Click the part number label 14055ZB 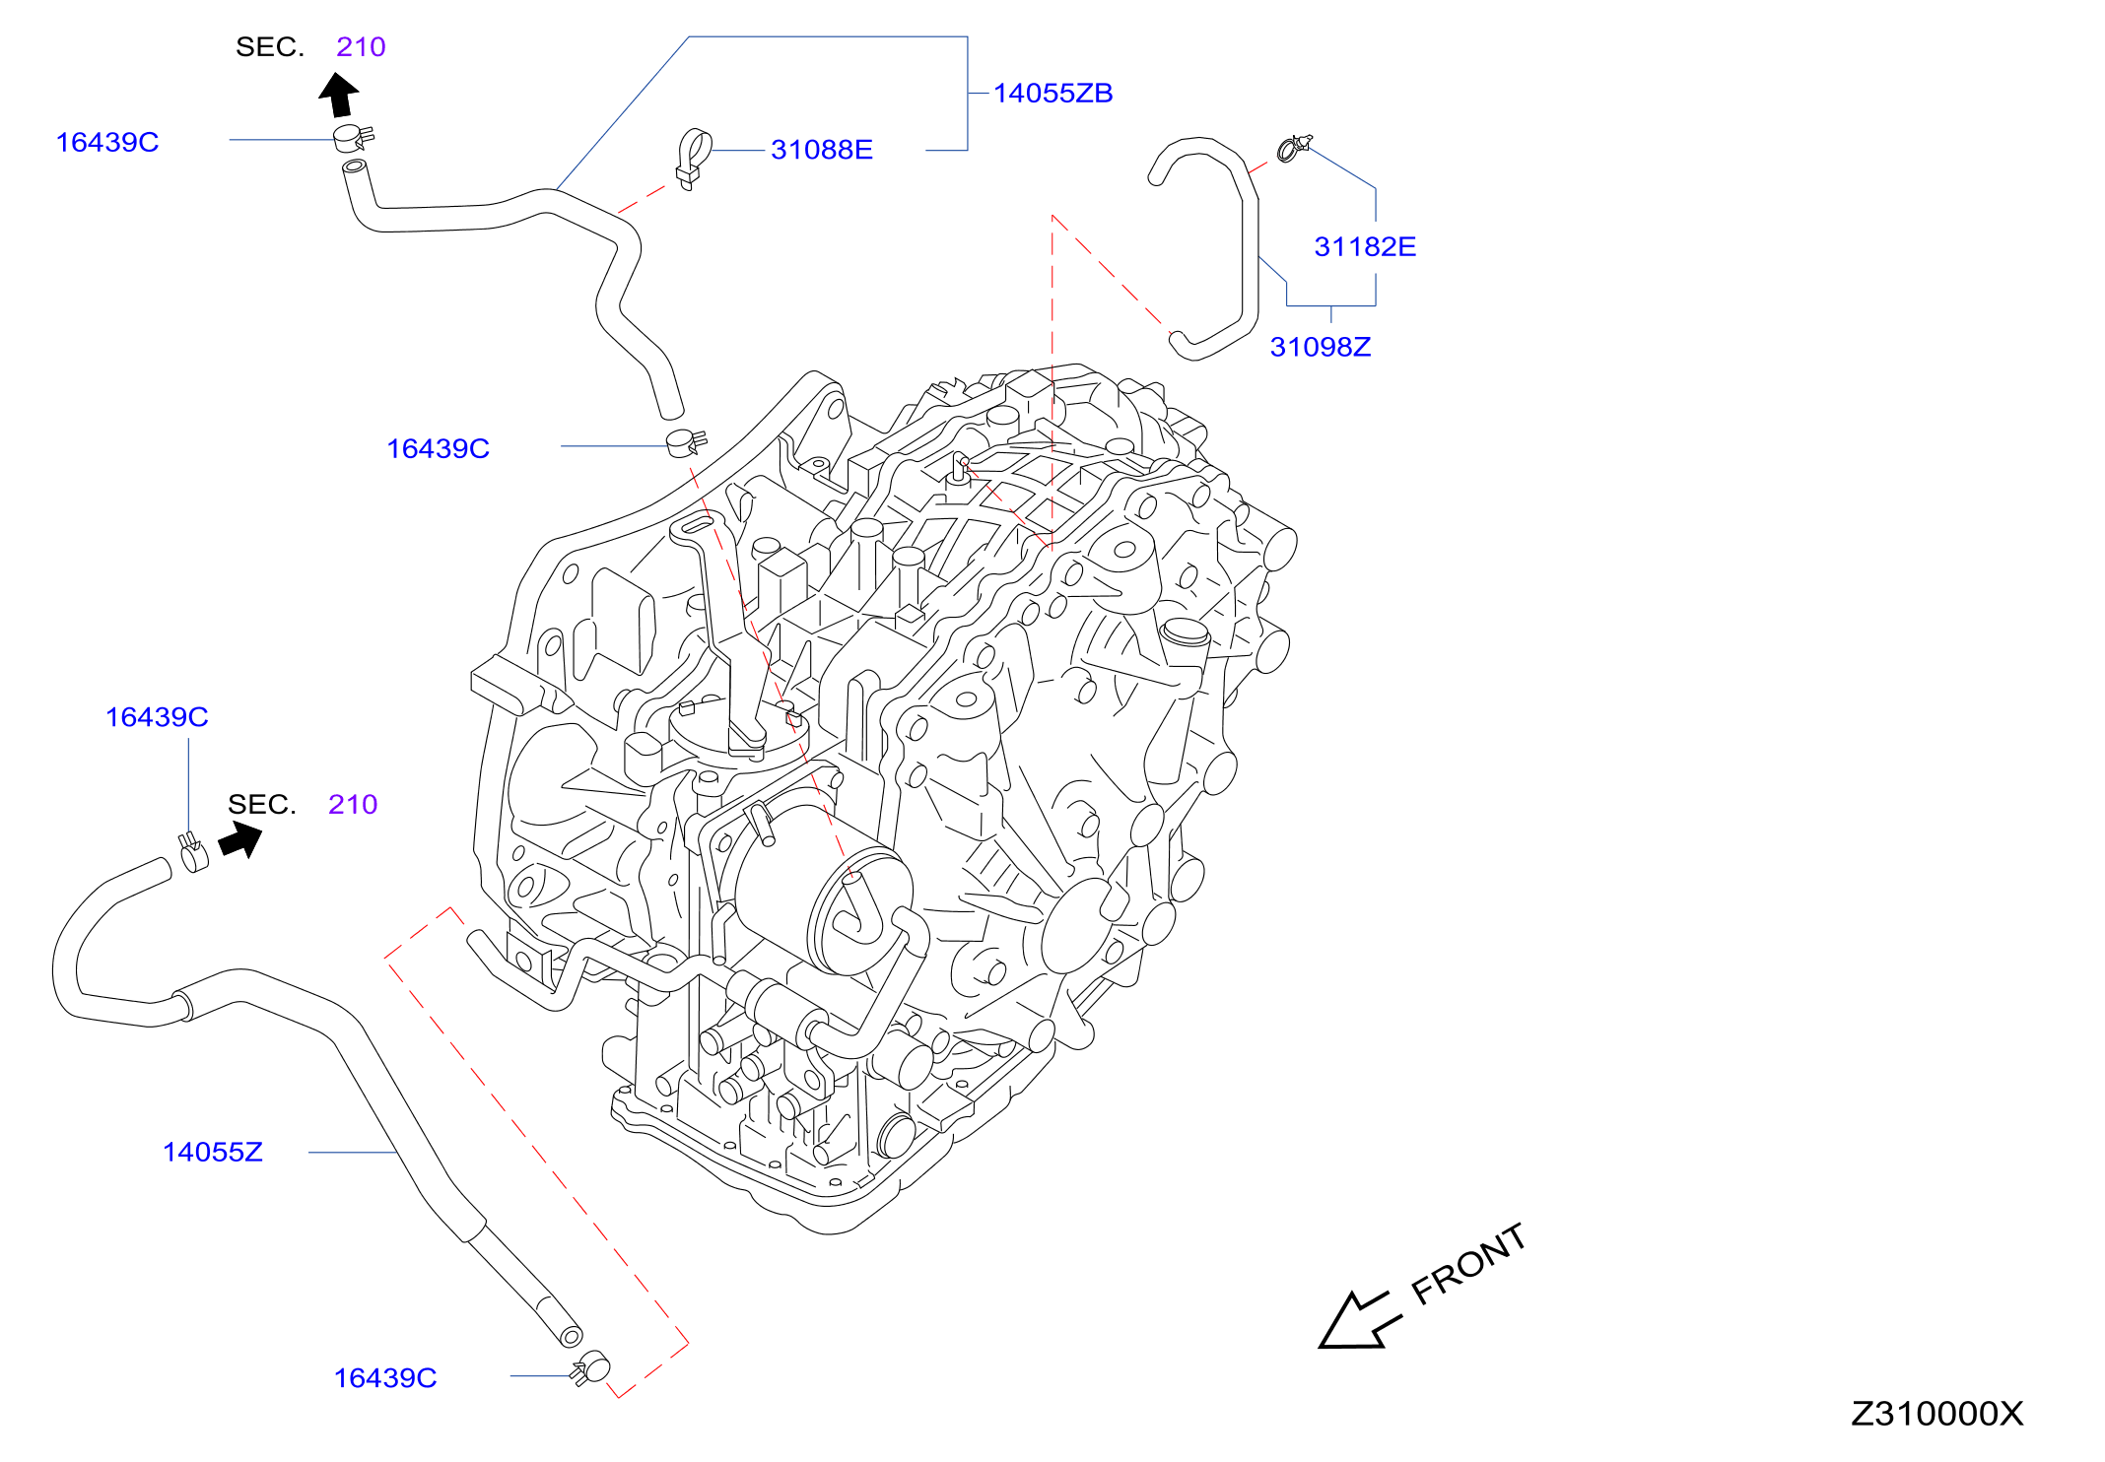click(x=1052, y=93)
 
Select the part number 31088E click(x=822, y=150)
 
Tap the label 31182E click(x=1365, y=246)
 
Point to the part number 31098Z click(x=1321, y=347)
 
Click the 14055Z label click(x=213, y=1152)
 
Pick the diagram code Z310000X click(x=1936, y=1414)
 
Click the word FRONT click(x=1468, y=1265)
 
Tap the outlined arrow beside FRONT click(x=1359, y=1320)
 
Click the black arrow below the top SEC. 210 click(x=339, y=96)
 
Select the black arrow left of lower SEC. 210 click(x=240, y=841)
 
